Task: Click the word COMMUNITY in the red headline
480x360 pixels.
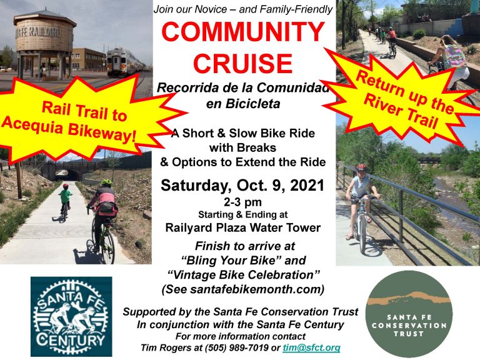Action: (x=243, y=32)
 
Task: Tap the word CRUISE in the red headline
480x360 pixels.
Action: (x=243, y=63)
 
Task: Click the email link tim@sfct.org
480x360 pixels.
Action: (x=311, y=348)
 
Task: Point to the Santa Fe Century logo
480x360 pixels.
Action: (x=71, y=316)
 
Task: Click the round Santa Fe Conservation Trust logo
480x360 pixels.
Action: (x=409, y=314)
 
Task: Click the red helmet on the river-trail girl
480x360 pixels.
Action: (x=361, y=167)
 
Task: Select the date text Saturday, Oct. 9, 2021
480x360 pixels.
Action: (x=242, y=186)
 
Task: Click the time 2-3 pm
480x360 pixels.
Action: (x=242, y=202)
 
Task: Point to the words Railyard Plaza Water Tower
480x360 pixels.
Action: (x=242, y=227)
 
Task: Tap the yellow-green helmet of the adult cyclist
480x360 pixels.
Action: (x=106, y=182)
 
